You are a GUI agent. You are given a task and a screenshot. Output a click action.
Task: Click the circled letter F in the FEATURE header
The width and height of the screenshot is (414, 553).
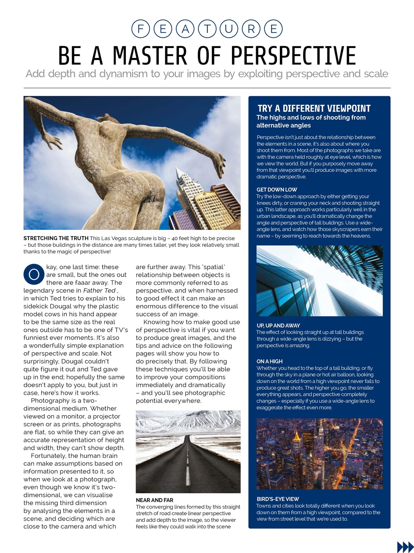tap(140, 29)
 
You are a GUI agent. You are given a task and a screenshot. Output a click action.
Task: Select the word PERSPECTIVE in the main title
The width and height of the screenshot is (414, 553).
tap(293, 56)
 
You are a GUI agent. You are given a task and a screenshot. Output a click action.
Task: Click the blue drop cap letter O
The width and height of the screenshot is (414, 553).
tap(34, 274)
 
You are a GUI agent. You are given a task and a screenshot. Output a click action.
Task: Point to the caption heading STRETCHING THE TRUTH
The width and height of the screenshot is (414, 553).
tap(56, 238)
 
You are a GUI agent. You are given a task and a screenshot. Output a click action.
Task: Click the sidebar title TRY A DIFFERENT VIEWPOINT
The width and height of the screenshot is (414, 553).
tap(314, 108)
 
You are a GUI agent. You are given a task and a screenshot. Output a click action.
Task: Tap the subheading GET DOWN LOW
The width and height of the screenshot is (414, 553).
tap(277, 190)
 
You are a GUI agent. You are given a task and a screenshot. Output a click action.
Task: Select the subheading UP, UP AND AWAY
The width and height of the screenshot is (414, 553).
tap(278, 325)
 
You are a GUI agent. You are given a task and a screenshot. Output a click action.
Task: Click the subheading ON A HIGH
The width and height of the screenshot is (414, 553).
tap(270, 361)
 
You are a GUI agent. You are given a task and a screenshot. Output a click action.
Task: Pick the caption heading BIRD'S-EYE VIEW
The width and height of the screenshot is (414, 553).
tap(278, 499)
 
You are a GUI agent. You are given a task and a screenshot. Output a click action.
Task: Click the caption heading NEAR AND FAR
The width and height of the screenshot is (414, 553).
tap(154, 500)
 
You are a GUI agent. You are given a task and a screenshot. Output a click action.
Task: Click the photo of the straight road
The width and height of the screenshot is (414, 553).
tap(188, 451)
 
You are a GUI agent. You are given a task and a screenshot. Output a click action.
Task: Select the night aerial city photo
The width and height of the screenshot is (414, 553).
tap(319, 454)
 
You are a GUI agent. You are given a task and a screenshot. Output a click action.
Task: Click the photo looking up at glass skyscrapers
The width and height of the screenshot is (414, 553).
tap(319, 281)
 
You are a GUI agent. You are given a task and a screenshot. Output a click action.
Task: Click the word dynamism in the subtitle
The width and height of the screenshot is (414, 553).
tap(123, 74)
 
